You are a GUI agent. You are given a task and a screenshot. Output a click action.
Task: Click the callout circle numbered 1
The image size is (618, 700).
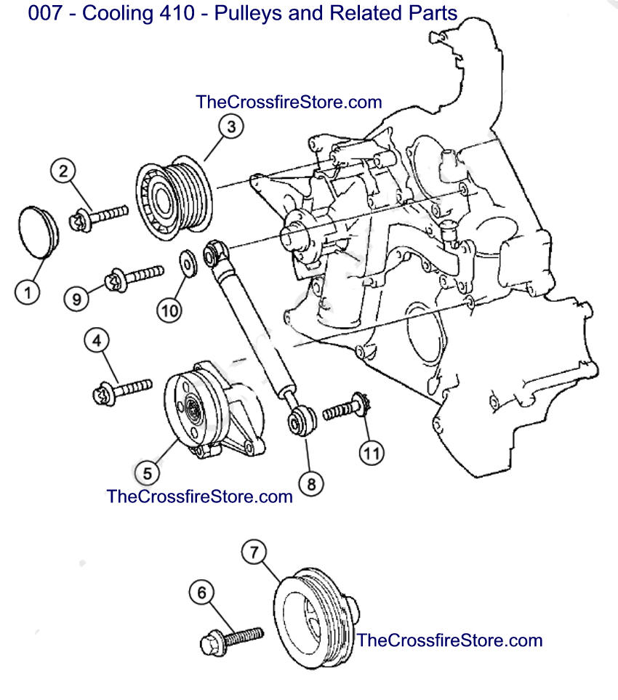28,293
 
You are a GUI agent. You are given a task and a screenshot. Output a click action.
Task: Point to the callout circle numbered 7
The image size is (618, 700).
254,553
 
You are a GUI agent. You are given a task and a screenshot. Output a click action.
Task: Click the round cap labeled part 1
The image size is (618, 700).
36,231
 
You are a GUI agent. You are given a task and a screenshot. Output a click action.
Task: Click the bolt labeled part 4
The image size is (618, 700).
121,390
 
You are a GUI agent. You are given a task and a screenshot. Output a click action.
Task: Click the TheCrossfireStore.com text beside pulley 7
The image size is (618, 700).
449,640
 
